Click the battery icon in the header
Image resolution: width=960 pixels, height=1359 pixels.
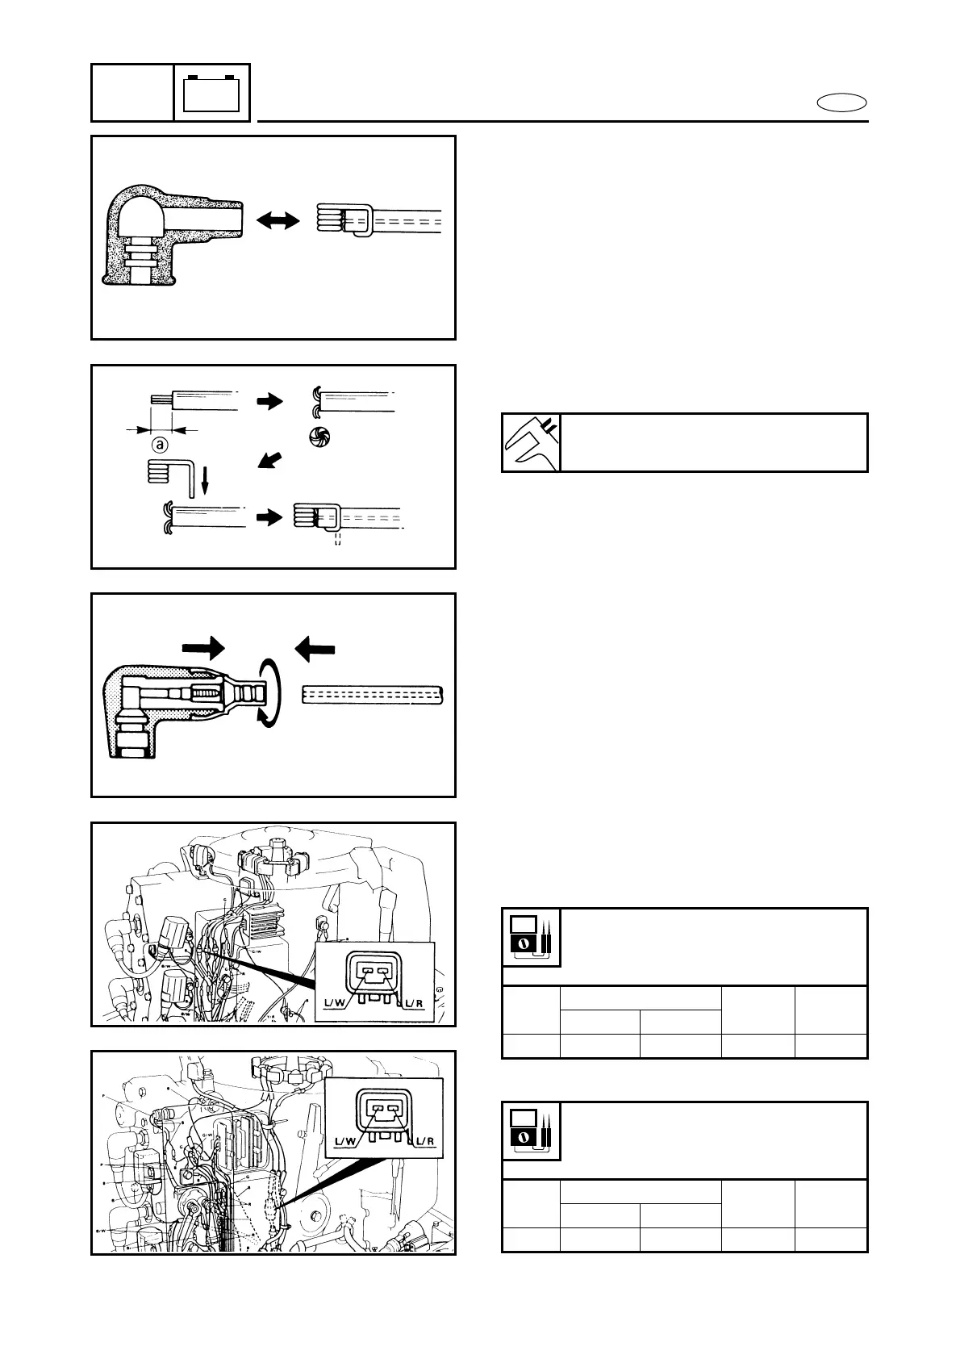click(211, 93)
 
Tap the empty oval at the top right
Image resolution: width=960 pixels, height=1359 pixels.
click(841, 102)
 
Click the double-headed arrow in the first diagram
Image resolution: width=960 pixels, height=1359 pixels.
click(277, 220)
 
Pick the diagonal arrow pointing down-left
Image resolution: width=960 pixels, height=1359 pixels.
click(271, 461)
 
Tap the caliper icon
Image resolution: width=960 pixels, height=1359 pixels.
click(530, 442)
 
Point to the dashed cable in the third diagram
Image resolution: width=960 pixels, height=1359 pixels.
click(373, 694)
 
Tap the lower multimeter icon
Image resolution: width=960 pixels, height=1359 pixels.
click(531, 1130)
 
